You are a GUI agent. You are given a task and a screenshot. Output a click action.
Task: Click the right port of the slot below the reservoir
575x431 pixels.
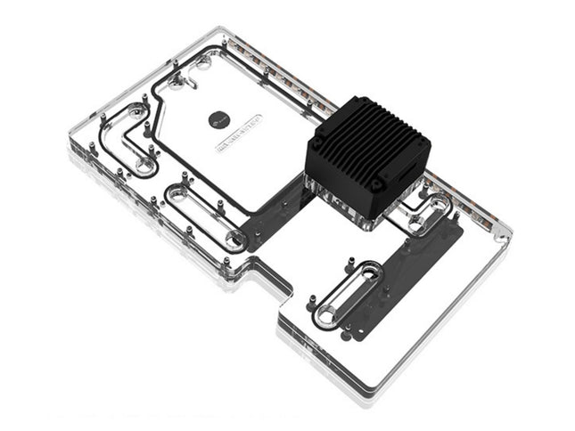pos(236,239)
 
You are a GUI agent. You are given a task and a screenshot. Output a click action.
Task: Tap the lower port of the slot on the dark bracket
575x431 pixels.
pos(325,312)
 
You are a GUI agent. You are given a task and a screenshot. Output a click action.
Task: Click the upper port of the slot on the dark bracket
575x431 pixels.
pos(368,269)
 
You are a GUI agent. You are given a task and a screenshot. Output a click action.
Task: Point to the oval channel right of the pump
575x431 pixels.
pos(426,212)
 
